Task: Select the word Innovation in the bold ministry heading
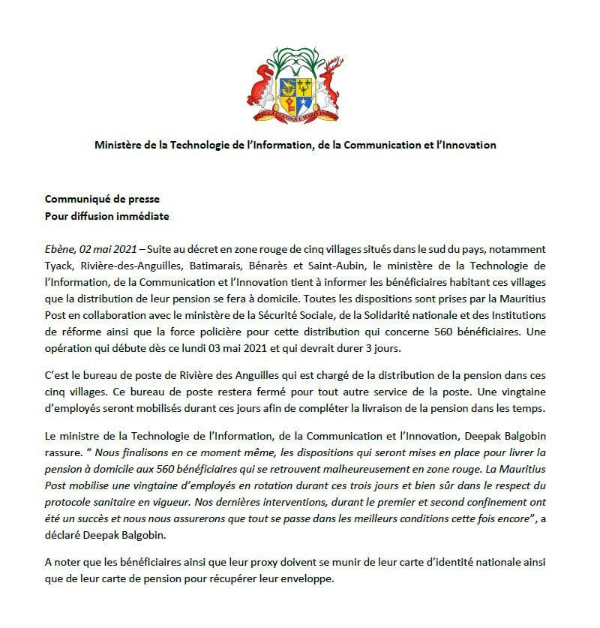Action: coord(468,145)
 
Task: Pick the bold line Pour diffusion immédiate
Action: coord(106,216)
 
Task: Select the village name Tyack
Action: coord(59,266)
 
